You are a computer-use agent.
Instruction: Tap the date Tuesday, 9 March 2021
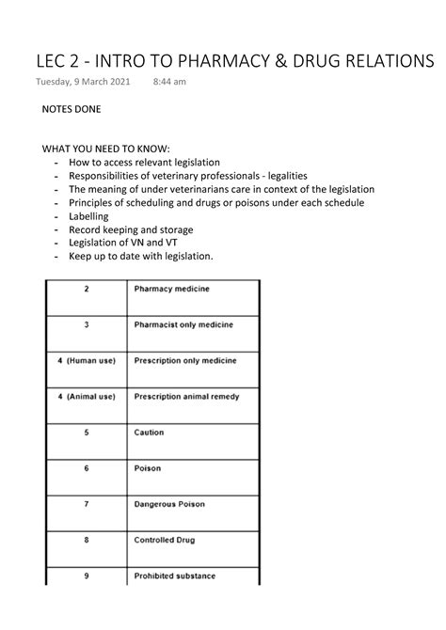(83, 83)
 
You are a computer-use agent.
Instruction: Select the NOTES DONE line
(72, 109)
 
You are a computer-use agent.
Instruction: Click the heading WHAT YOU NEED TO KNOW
(106, 149)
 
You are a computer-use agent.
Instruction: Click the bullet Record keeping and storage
(131, 228)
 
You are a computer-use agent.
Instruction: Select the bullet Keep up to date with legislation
(141, 256)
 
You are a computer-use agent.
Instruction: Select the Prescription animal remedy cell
(186, 396)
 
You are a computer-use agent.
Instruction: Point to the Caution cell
(149, 433)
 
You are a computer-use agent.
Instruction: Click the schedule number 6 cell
(87, 467)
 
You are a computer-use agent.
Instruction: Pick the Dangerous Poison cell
(170, 504)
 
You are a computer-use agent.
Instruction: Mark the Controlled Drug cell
(166, 540)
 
